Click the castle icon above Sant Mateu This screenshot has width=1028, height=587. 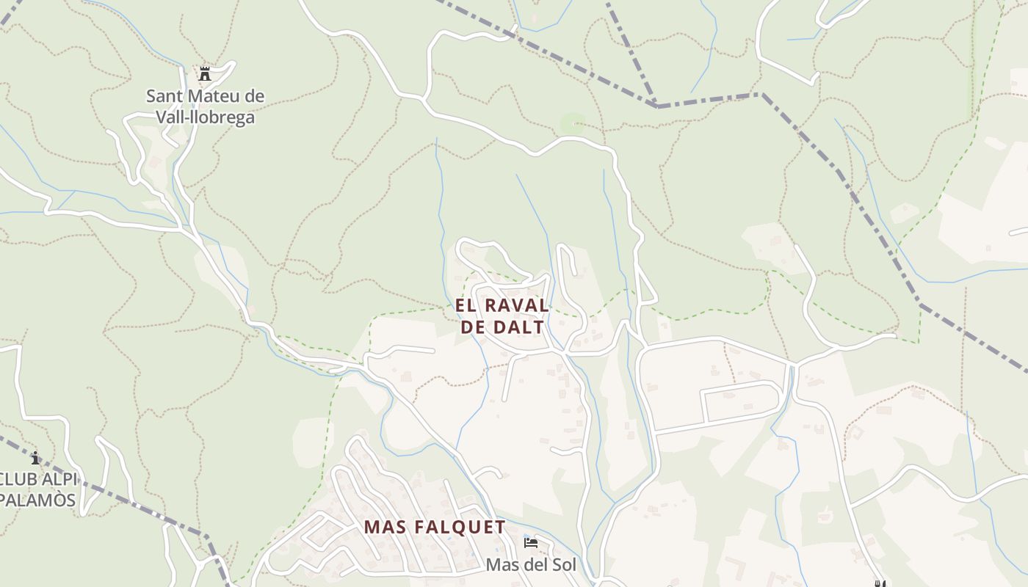[205, 73]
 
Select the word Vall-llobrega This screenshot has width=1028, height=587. [206, 117]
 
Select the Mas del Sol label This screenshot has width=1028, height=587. [531, 565]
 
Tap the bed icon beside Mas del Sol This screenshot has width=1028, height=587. [531, 543]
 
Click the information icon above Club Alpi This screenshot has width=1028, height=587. [35, 459]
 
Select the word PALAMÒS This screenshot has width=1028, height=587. [38, 500]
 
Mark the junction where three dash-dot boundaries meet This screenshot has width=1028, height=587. [656, 106]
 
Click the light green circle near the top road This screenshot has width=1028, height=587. [573, 123]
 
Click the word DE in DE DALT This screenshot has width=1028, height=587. [473, 327]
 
